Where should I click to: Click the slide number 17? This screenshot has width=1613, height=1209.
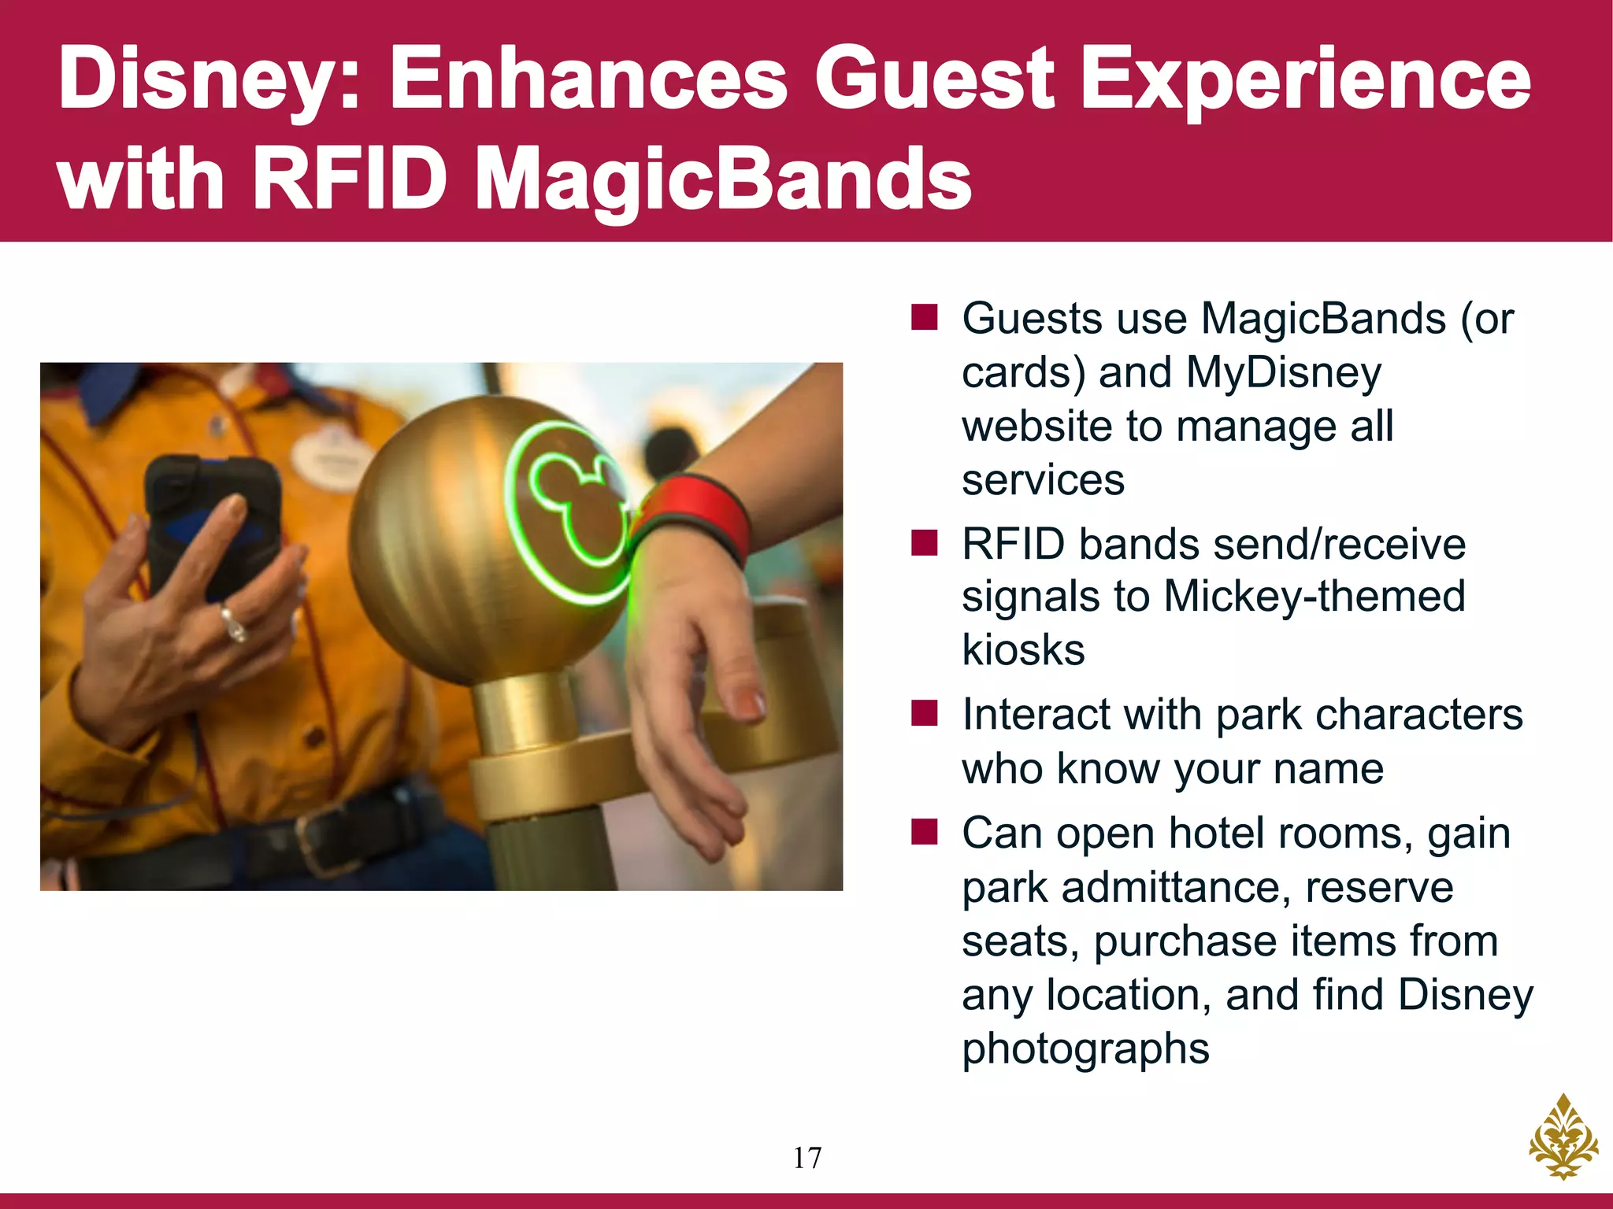tap(806, 1158)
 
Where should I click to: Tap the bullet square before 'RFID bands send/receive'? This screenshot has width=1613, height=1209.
tap(924, 542)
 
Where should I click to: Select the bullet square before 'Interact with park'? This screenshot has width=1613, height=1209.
tap(924, 713)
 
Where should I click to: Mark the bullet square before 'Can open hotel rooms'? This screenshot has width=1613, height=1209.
tap(924, 831)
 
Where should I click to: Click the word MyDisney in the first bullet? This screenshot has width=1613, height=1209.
tap(1283, 373)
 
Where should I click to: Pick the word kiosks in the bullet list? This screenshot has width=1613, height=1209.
tap(1023, 650)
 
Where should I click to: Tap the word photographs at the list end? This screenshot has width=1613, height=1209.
tap(1085, 1049)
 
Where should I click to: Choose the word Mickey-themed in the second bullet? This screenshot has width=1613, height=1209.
tap(1314, 597)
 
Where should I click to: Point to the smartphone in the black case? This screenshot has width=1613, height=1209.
tap(213, 519)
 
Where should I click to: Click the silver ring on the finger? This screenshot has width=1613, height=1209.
tap(235, 623)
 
